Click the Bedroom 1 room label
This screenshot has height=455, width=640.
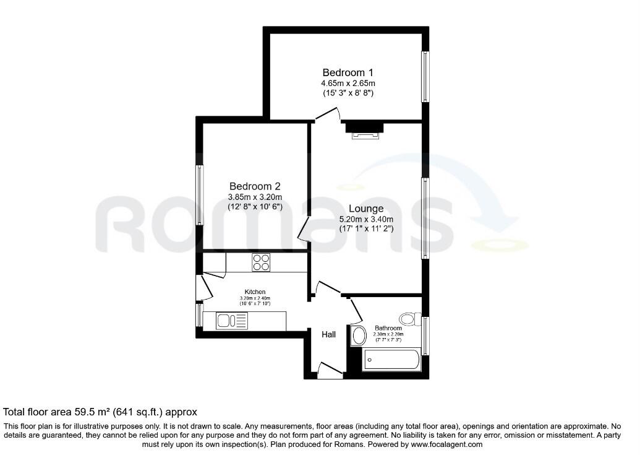click(348, 72)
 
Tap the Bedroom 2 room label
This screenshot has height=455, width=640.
click(255, 186)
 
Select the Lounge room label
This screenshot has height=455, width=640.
click(365, 209)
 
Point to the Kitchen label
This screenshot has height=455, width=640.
click(255, 292)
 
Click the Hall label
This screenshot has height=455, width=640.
click(328, 334)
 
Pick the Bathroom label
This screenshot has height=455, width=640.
click(388, 328)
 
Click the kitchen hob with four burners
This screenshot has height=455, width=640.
click(260, 262)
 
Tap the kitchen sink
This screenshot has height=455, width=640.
click(231, 321)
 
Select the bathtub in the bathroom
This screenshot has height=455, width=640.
click(391, 359)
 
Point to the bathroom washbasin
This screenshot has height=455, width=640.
click(358, 336)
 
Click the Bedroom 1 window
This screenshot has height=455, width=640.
click(425, 76)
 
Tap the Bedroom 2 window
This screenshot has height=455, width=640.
click(199, 195)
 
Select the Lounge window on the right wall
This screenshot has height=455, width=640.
click(425, 218)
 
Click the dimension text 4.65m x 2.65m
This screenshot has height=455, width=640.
click(348, 83)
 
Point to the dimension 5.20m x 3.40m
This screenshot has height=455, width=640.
click(365, 219)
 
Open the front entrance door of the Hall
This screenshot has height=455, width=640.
click(330, 371)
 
